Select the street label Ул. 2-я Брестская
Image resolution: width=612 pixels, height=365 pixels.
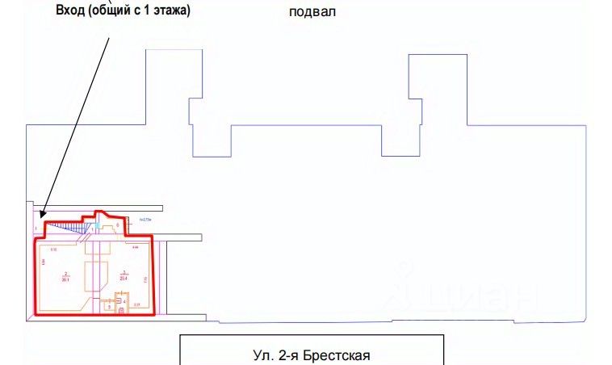312,354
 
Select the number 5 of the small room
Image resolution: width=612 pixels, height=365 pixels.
108,308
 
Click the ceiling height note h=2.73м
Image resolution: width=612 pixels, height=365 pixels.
145,219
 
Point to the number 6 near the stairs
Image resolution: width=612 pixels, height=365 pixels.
118,225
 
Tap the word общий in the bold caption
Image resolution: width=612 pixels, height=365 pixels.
118,11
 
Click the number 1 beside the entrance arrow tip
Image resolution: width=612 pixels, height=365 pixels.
36,229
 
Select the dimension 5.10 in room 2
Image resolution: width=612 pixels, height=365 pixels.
53,251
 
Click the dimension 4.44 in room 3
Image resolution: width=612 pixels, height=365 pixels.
136,247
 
